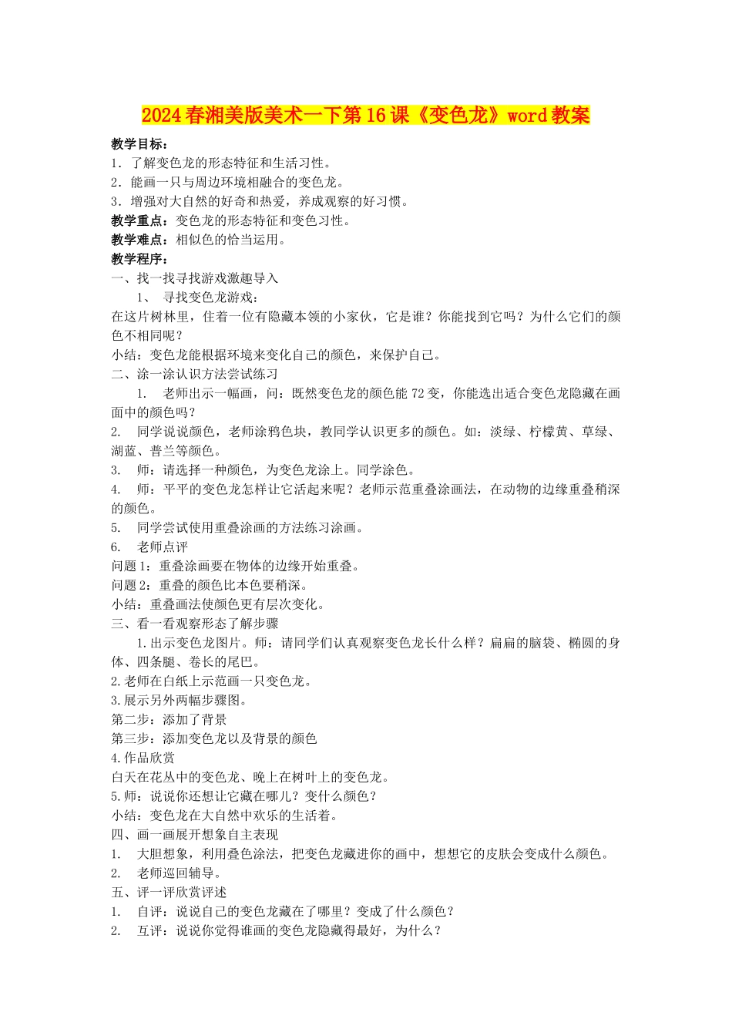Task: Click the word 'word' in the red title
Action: [527, 116]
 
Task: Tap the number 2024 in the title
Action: [161, 116]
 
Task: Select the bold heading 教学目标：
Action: [139, 144]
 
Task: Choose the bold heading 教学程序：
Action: [139, 259]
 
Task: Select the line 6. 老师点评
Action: [149, 547]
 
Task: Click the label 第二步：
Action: [136, 719]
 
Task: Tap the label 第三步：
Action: [136, 738]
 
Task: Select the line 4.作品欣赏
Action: [143, 758]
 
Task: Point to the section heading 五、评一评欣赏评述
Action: [169, 892]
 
